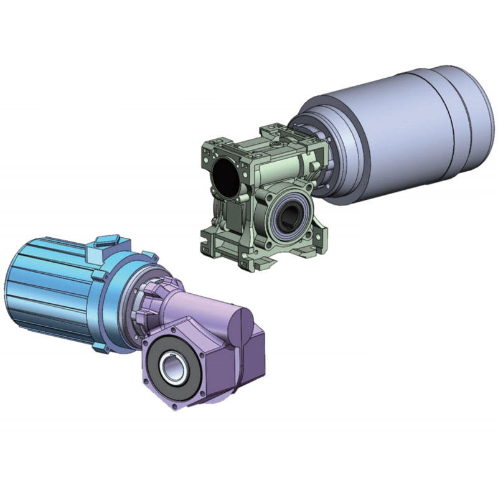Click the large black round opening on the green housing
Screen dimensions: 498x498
[225, 176]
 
